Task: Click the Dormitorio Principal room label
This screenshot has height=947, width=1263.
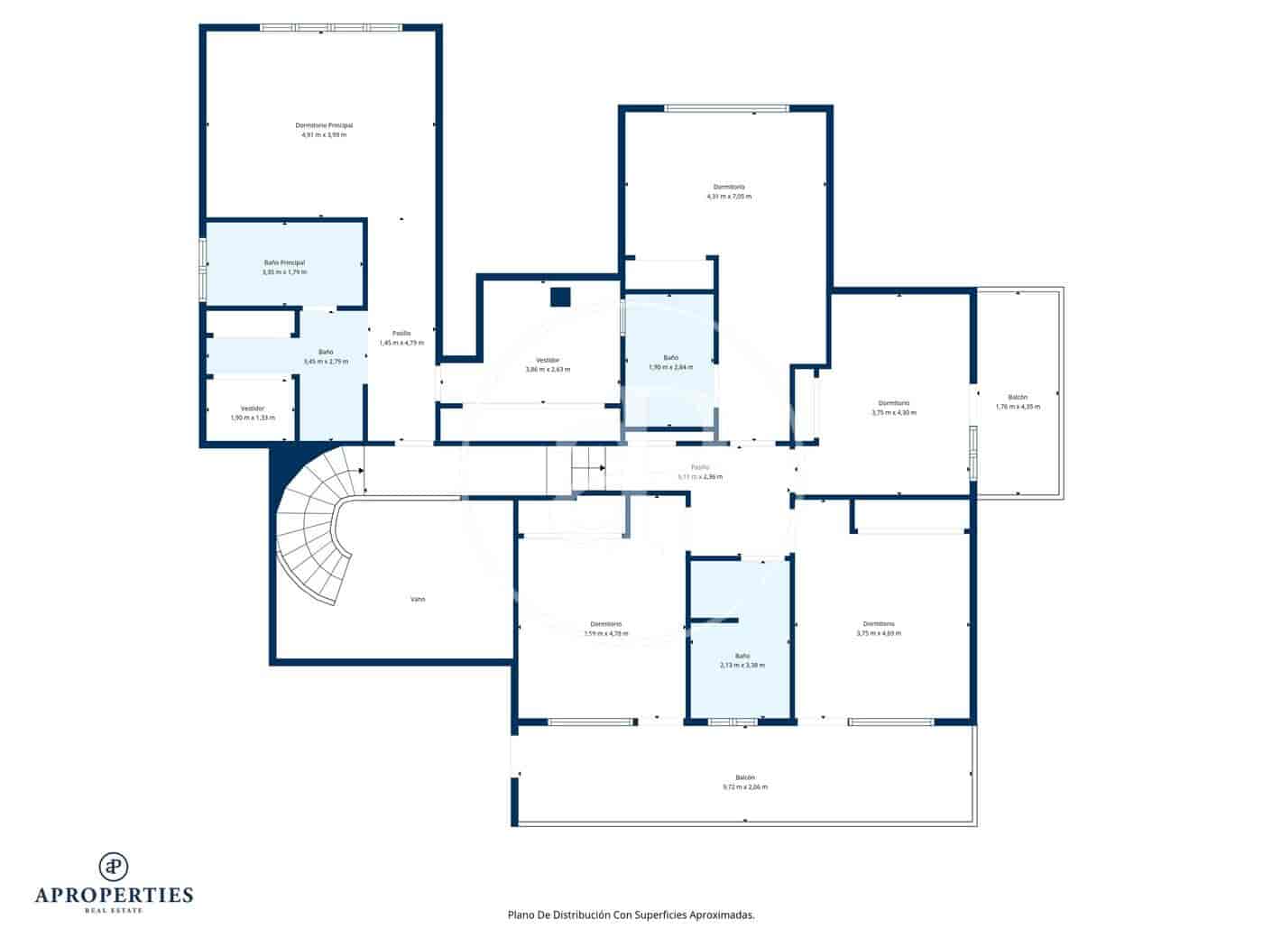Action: click(324, 125)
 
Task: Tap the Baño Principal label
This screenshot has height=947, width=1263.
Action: click(284, 262)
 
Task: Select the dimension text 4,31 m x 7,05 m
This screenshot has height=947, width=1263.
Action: click(729, 196)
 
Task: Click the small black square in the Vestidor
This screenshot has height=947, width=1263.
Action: click(560, 297)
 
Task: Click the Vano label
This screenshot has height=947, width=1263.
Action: click(418, 599)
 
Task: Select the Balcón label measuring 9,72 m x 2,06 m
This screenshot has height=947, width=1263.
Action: click(744, 777)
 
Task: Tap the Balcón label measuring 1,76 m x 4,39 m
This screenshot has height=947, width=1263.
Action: click(1018, 397)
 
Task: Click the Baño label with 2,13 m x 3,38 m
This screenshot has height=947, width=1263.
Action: click(742, 656)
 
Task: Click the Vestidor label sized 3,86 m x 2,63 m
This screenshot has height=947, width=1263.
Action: click(548, 360)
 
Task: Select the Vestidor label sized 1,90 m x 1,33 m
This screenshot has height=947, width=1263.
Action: click(253, 409)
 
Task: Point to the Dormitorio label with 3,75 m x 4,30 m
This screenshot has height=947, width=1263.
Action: click(893, 403)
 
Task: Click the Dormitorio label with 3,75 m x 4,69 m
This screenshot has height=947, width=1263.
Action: click(878, 623)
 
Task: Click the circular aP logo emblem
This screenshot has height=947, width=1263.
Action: click(114, 866)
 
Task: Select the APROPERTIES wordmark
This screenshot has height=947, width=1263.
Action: click(114, 895)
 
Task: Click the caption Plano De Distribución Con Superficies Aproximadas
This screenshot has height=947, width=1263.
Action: click(631, 915)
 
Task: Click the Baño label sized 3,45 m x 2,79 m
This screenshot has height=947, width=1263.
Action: click(326, 352)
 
